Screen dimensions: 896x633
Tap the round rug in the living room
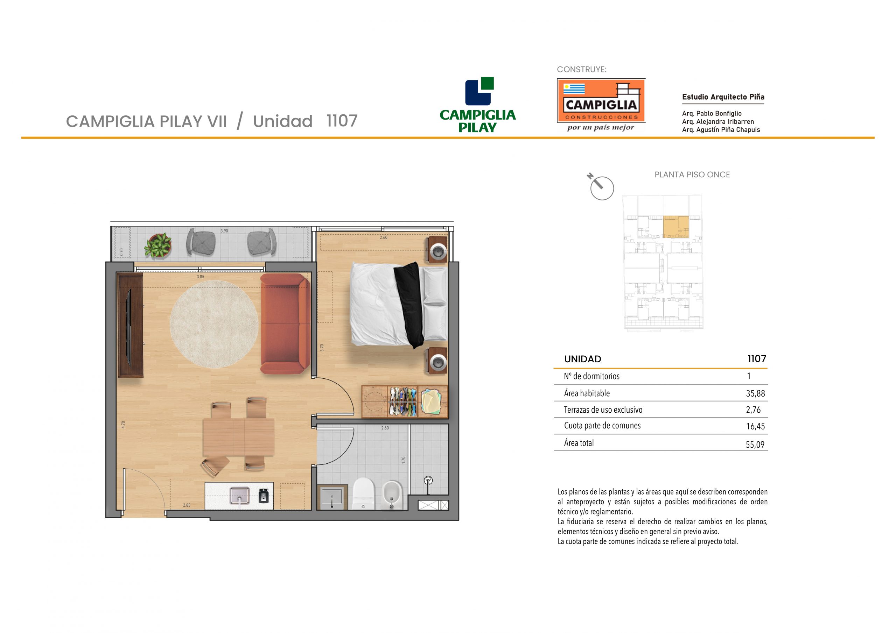(214, 324)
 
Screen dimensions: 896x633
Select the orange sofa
(285, 324)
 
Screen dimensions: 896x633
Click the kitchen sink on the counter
(240, 496)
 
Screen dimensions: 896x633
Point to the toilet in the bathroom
(363, 494)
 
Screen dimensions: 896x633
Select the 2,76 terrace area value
(753, 410)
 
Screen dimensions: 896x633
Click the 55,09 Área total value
(755, 444)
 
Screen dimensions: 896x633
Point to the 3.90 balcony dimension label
(224, 231)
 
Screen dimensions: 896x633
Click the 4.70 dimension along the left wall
(123, 425)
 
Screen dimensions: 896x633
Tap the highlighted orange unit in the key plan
(676, 227)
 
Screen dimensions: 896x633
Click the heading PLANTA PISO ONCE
(692, 175)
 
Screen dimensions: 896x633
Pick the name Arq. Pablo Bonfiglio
(712, 114)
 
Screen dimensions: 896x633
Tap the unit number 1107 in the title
(342, 121)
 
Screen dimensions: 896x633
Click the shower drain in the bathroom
(428, 480)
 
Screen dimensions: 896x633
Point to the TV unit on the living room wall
(130, 325)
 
